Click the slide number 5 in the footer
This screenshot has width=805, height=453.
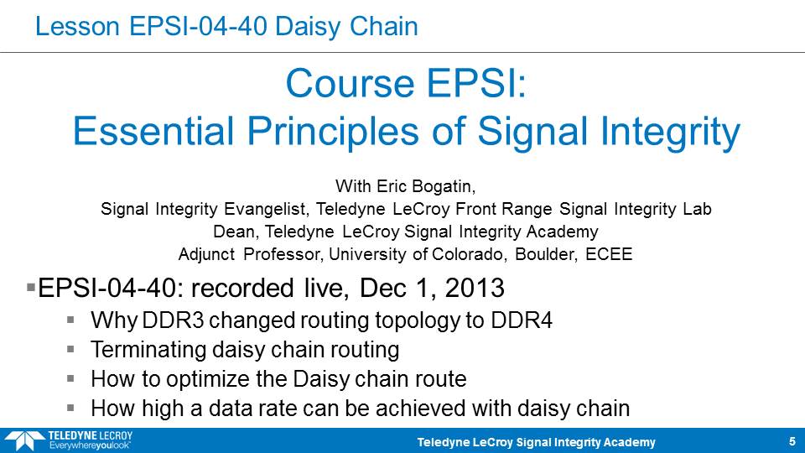792,442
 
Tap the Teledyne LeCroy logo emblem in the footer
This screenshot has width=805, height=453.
23,440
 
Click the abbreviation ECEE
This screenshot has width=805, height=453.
609,254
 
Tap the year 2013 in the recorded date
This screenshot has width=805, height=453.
475,288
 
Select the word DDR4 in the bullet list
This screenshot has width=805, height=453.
522,320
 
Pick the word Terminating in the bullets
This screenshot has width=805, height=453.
148,350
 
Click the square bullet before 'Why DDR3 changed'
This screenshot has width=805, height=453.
70,320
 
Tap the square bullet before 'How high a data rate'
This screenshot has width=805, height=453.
70,409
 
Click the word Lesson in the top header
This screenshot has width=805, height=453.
77,26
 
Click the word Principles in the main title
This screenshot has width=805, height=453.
333,131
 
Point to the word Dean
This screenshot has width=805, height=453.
235,232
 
